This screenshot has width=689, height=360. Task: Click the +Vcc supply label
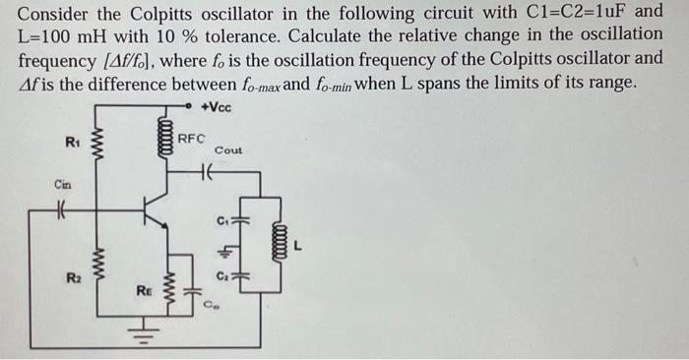click(x=215, y=106)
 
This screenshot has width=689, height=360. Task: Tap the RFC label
click(x=192, y=139)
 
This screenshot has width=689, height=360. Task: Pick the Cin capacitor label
click(x=63, y=184)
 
